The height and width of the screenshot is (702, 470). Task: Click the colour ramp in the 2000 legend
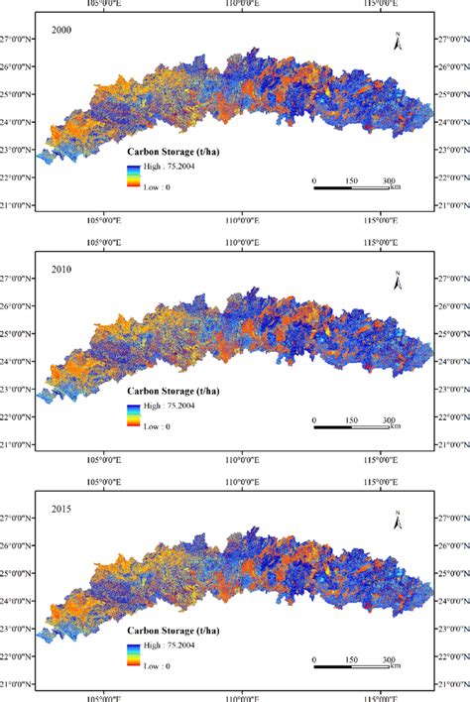(x=132, y=175)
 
